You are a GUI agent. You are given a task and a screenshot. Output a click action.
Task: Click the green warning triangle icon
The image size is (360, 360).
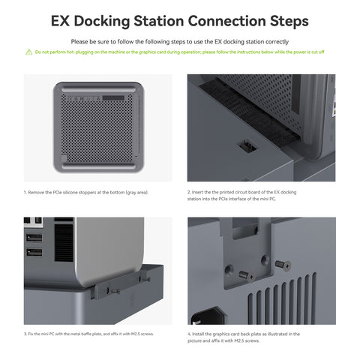pyautogui.click(x=28, y=52)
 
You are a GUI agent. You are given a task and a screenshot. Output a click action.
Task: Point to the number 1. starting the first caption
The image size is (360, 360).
pyautogui.click(x=25, y=192)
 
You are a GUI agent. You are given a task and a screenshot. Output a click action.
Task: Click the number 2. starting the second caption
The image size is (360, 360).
pyautogui.click(x=188, y=192)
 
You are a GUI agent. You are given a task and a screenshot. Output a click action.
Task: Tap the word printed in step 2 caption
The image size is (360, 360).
pyautogui.click(x=223, y=192)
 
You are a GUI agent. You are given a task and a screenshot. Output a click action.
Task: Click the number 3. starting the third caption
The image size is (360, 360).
pyautogui.click(x=25, y=333)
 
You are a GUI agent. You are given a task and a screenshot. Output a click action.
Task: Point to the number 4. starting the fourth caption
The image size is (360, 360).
pyautogui.click(x=188, y=333)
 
